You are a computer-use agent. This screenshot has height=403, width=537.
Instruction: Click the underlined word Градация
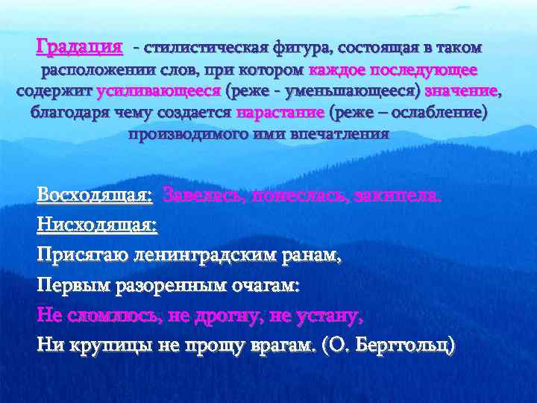[79, 48]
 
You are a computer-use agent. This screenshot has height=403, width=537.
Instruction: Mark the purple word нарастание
[280, 113]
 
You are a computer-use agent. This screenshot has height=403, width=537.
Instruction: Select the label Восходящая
[95, 196]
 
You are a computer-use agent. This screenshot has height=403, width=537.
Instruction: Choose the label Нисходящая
[97, 225]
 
